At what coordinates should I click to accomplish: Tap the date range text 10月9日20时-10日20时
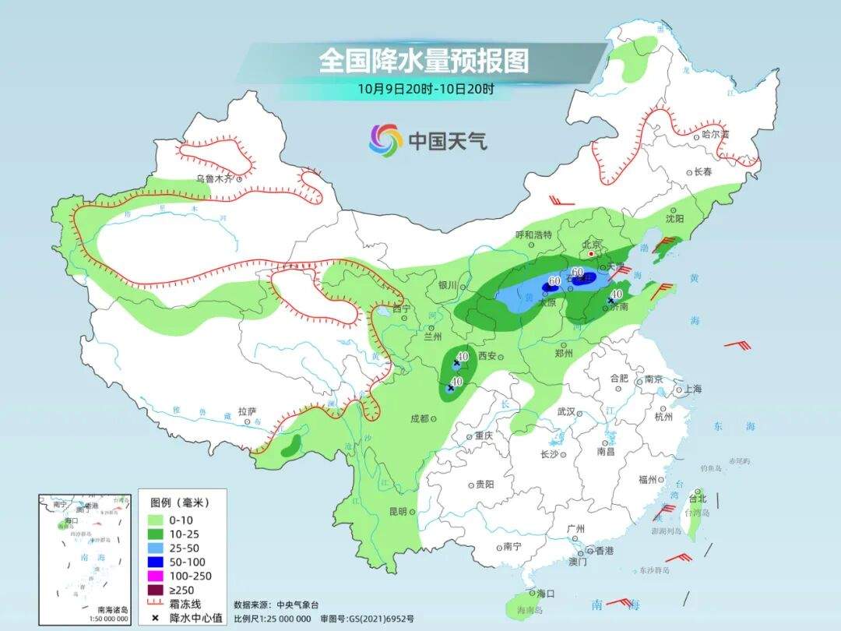coord(425,88)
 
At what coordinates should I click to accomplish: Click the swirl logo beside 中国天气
coord(385,140)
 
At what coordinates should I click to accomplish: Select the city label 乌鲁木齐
coord(213,178)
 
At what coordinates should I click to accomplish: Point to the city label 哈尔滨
coord(715,134)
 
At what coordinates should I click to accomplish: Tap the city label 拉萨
coord(247,411)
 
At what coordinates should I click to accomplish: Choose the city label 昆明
coord(397,512)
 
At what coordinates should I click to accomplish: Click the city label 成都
coord(420,418)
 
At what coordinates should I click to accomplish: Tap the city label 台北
coord(698,498)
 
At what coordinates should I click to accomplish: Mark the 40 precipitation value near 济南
coord(617,294)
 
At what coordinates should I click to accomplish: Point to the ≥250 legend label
coord(183,590)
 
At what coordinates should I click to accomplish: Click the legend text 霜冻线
coord(187,604)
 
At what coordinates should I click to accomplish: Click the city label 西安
coord(487,356)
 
